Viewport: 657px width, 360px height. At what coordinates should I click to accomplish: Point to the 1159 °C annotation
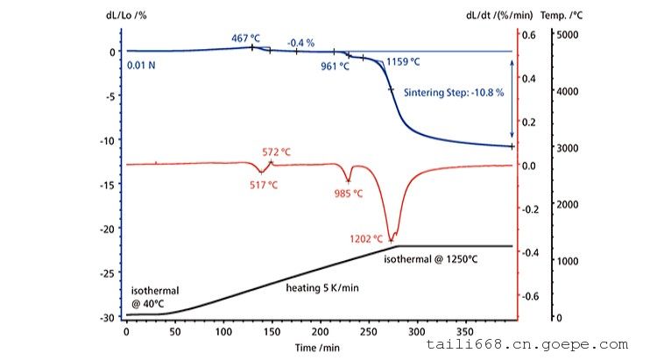coord(403,62)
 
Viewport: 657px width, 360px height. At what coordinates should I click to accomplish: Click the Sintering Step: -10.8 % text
coord(454,93)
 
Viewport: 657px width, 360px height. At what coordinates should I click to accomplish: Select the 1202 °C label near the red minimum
coord(366,237)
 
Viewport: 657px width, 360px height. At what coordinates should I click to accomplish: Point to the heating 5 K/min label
coord(324,286)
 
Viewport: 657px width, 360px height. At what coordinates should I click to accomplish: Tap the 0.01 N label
coord(141,65)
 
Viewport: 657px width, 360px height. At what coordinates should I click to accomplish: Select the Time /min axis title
coord(318,348)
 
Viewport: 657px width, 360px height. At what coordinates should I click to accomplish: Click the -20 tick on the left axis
coord(108,229)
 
